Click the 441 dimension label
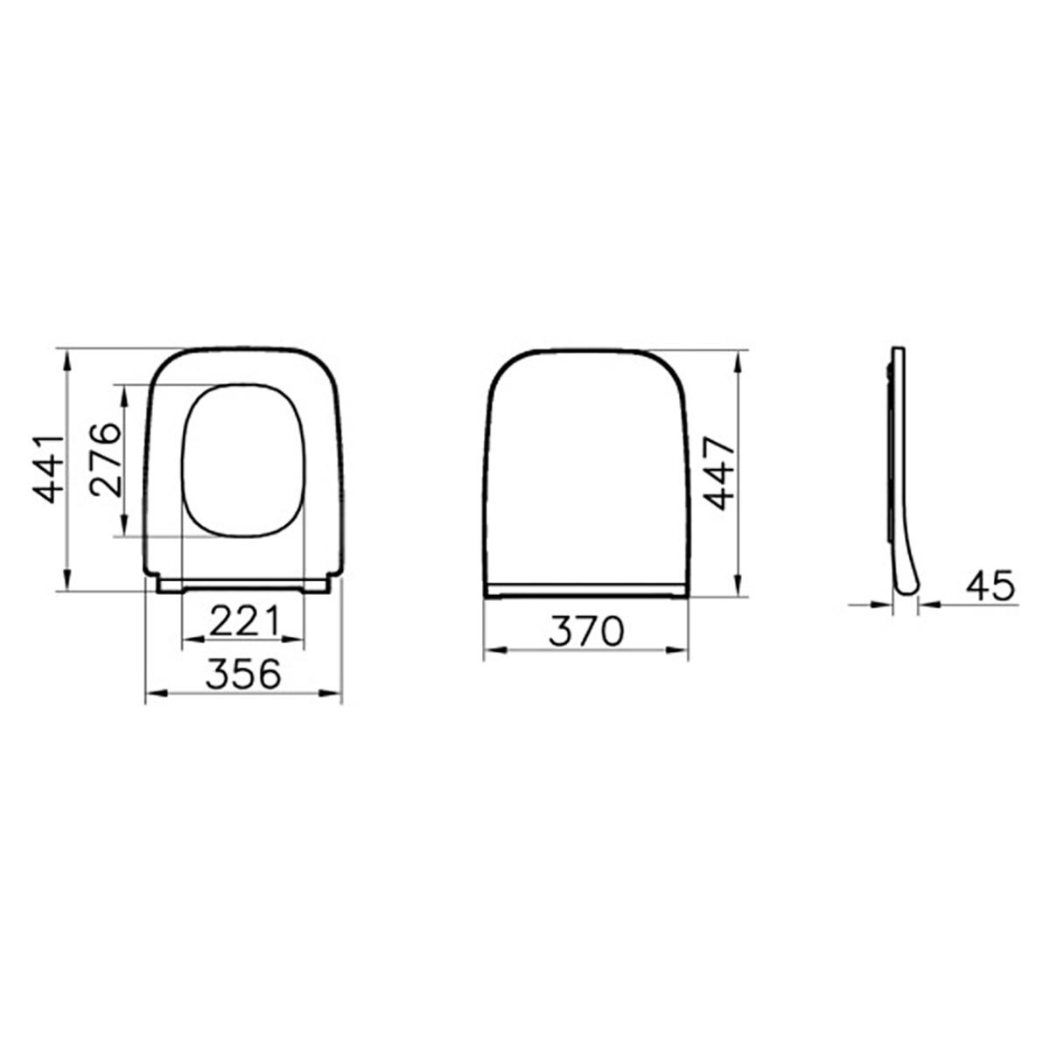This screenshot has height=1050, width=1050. (48, 469)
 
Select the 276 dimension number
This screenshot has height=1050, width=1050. (106, 459)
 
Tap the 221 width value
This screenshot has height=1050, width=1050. (244, 621)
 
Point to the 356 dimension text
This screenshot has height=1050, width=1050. (243, 674)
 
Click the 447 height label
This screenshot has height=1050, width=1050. (718, 472)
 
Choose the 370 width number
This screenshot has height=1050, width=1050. (586, 632)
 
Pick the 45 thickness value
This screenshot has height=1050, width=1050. (990, 585)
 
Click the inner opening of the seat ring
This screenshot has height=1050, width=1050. (243, 460)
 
